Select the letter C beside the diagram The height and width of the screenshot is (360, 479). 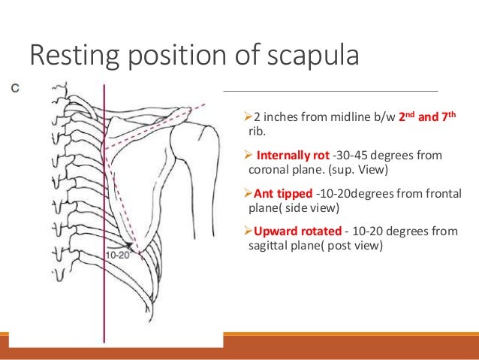coord(13,88)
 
